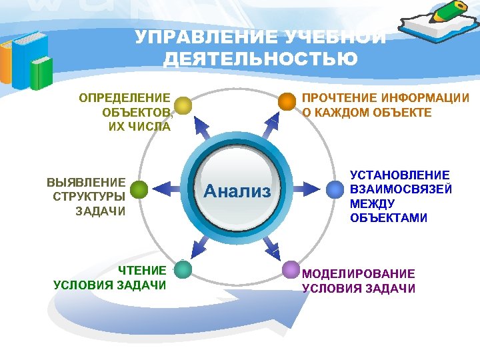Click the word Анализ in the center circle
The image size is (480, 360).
(237, 192)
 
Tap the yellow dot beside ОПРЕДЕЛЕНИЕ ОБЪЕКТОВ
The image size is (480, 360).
(183, 105)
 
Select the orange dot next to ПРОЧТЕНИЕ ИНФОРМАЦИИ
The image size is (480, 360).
(287, 101)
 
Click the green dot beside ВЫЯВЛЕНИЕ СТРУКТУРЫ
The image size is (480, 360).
(139, 190)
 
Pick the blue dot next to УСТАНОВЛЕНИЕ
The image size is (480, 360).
(334, 189)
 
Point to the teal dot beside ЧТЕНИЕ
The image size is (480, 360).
(183, 269)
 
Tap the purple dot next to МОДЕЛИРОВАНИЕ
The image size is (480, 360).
(291, 269)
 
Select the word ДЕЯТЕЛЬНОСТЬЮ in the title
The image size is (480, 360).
(261, 59)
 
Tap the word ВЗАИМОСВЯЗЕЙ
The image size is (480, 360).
(401, 189)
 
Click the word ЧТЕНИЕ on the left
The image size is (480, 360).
(142, 271)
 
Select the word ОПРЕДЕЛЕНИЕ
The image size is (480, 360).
(125, 98)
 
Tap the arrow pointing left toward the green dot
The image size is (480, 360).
(163, 190)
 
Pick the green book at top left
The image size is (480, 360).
(41, 72)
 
